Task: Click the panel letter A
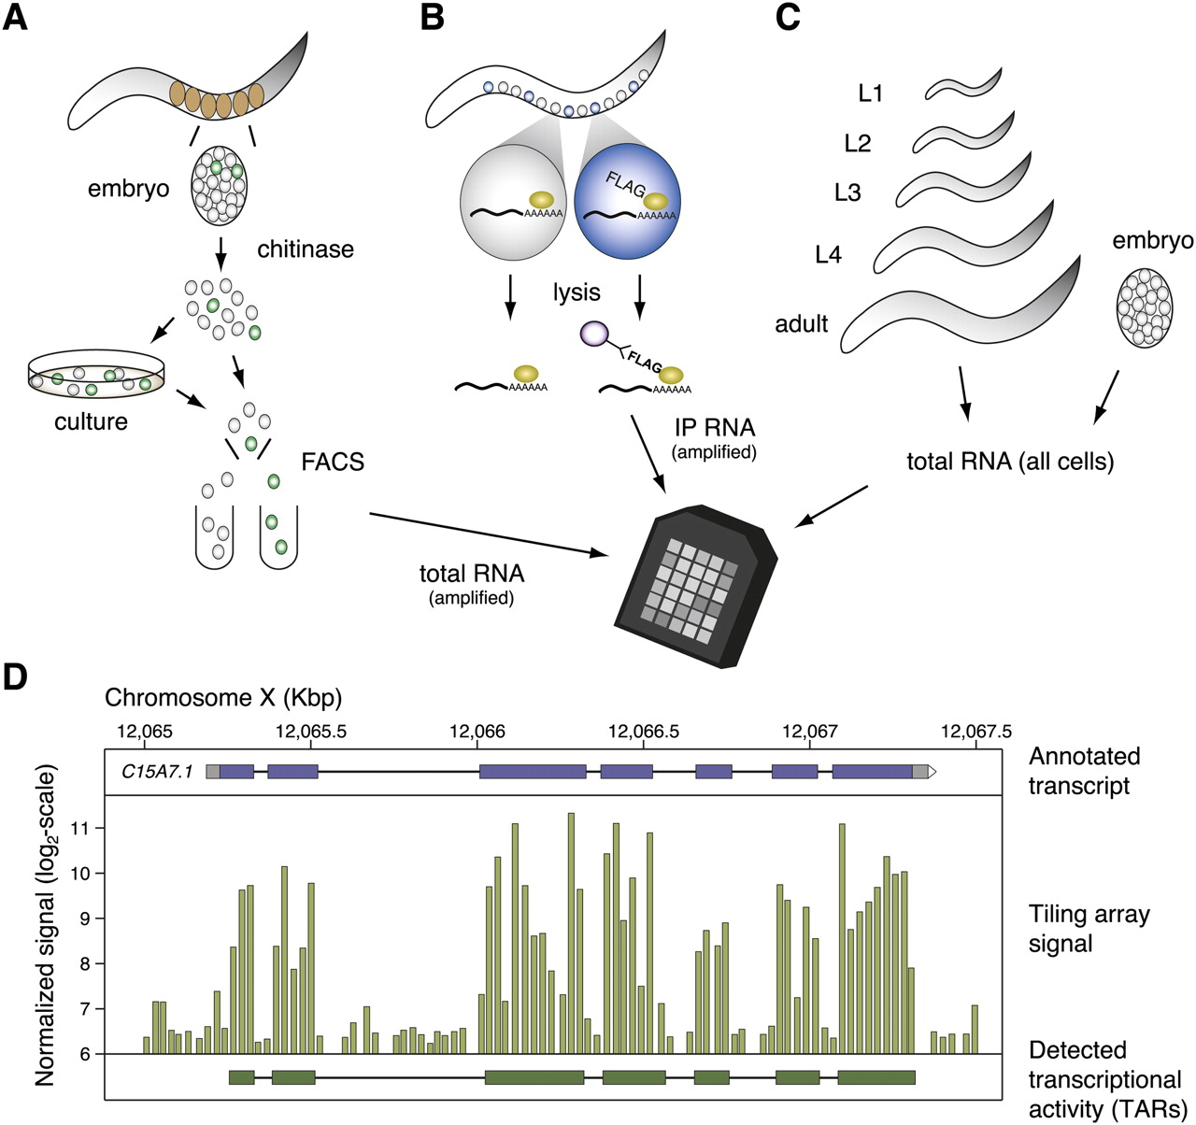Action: pyautogui.click(x=16, y=18)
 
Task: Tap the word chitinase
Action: pyautogui.click(x=306, y=249)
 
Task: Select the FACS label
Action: pyautogui.click(x=333, y=462)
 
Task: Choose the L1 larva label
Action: pyautogui.click(x=871, y=93)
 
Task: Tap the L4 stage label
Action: pyautogui.click(x=829, y=254)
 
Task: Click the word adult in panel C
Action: pyautogui.click(x=802, y=324)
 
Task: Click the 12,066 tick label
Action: pyautogui.click(x=477, y=732)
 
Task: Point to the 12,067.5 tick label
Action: pyautogui.click(x=975, y=732)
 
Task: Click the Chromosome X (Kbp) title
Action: pyautogui.click(x=223, y=698)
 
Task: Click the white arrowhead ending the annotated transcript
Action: pyautogui.click(x=933, y=772)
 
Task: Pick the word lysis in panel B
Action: pyautogui.click(x=576, y=292)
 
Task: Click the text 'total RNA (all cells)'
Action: pyautogui.click(x=1010, y=461)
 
